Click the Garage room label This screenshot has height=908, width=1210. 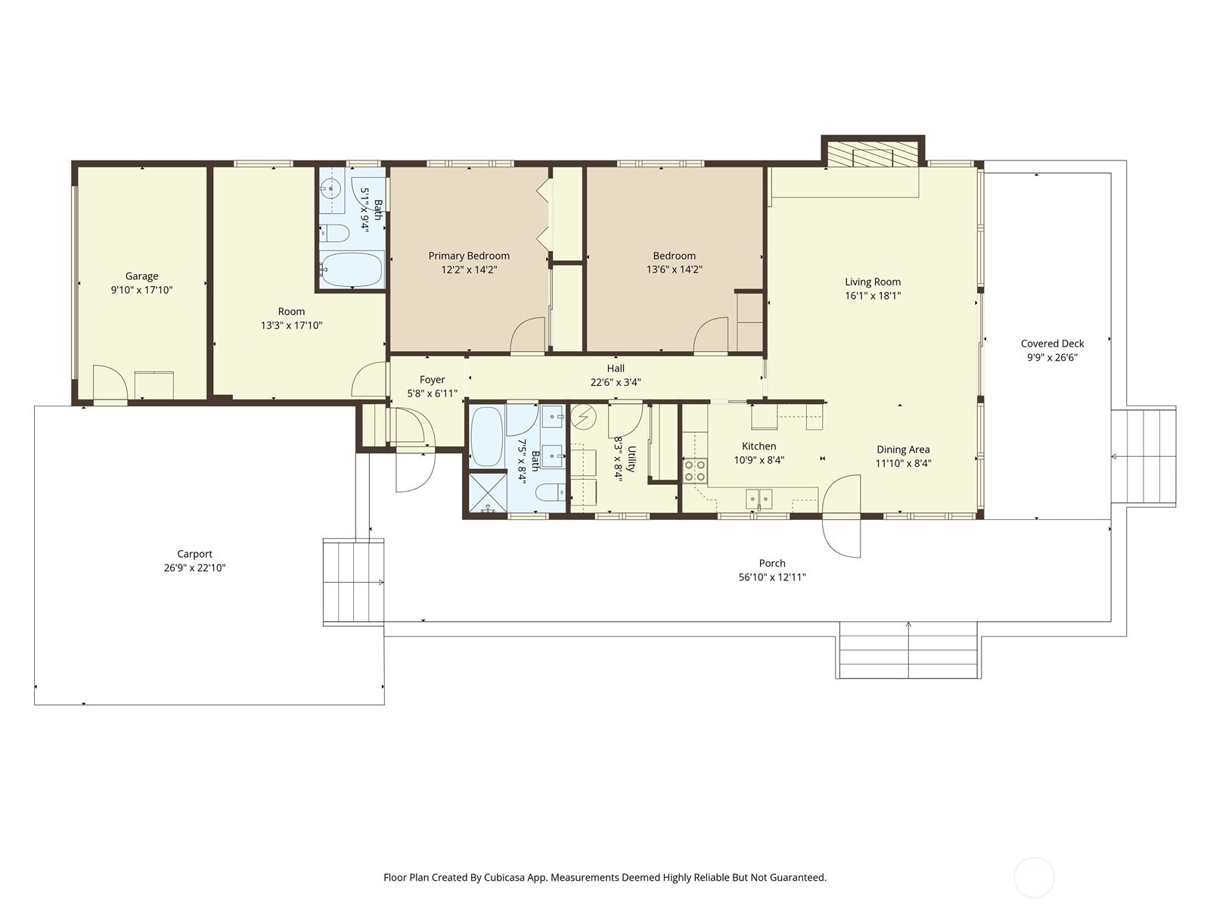[141, 276]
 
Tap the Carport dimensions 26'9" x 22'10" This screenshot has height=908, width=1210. [194, 567]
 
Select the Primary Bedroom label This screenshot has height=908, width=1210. [469, 256]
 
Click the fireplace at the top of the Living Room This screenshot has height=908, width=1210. [873, 156]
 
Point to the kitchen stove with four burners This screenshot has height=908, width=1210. [695, 471]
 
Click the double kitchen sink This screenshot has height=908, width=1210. [759, 498]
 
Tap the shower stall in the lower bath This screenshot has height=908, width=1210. [488, 492]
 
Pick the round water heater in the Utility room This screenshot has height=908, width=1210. [584, 417]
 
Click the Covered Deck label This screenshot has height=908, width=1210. [1052, 344]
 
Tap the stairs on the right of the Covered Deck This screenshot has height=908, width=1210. [1143, 456]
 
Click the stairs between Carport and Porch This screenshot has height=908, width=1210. [353, 581]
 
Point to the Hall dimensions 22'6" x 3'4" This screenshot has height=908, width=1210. [616, 382]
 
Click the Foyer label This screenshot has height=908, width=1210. [432, 380]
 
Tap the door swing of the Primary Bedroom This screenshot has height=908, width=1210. [526, 337]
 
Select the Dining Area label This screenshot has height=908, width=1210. [903, 449]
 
